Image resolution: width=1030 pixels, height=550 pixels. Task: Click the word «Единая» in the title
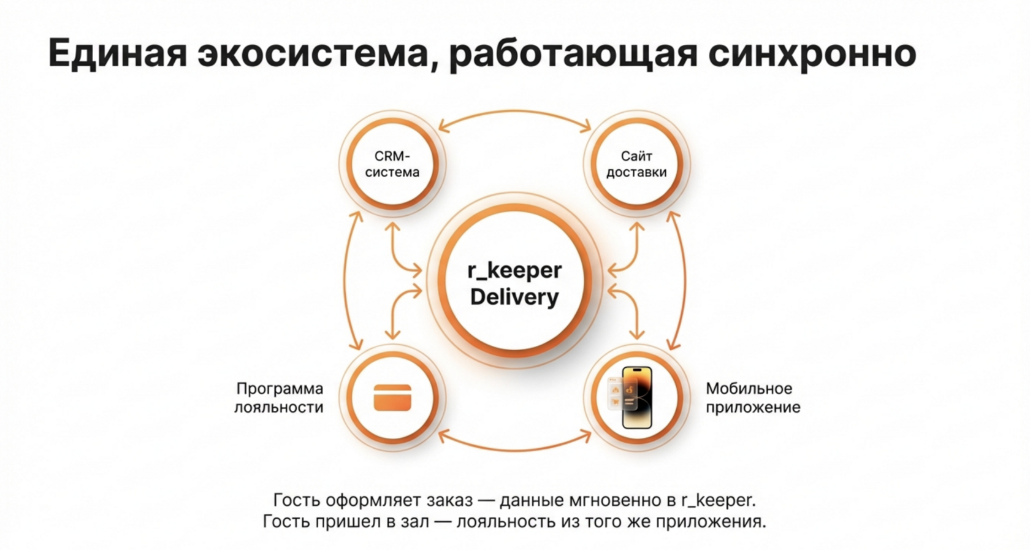click(117, 53)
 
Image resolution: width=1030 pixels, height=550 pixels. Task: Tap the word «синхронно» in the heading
click(812, 53)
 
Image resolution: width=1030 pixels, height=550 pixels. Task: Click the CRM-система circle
click(392, 164)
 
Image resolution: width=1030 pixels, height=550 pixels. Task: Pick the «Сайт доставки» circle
click(636, 164)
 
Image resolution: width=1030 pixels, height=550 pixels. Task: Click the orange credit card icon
click(392, 398)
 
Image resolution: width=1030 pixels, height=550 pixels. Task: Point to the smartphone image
click(636, 397)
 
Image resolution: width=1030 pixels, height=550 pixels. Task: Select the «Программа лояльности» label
click(280, 398)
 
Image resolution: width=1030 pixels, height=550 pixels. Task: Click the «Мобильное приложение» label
click(753, 398)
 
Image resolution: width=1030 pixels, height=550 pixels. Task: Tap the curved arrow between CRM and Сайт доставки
click(515, 113)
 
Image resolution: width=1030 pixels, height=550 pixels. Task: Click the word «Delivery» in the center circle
click(514, 297)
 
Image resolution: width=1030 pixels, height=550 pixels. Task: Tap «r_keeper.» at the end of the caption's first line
click(718, 500)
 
